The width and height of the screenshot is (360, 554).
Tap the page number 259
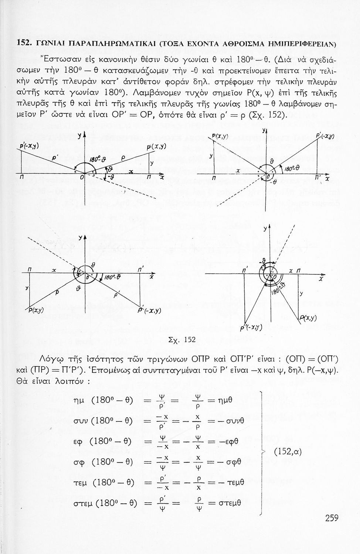(332, 517)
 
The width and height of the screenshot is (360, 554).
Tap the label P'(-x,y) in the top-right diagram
(325, 136)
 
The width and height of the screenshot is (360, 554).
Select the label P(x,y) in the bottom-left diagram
(36, 310)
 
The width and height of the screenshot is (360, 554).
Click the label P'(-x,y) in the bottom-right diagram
(251, 327)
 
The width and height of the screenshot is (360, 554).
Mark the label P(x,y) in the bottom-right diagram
(308, 318)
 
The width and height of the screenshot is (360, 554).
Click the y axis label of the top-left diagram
(79, 136)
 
